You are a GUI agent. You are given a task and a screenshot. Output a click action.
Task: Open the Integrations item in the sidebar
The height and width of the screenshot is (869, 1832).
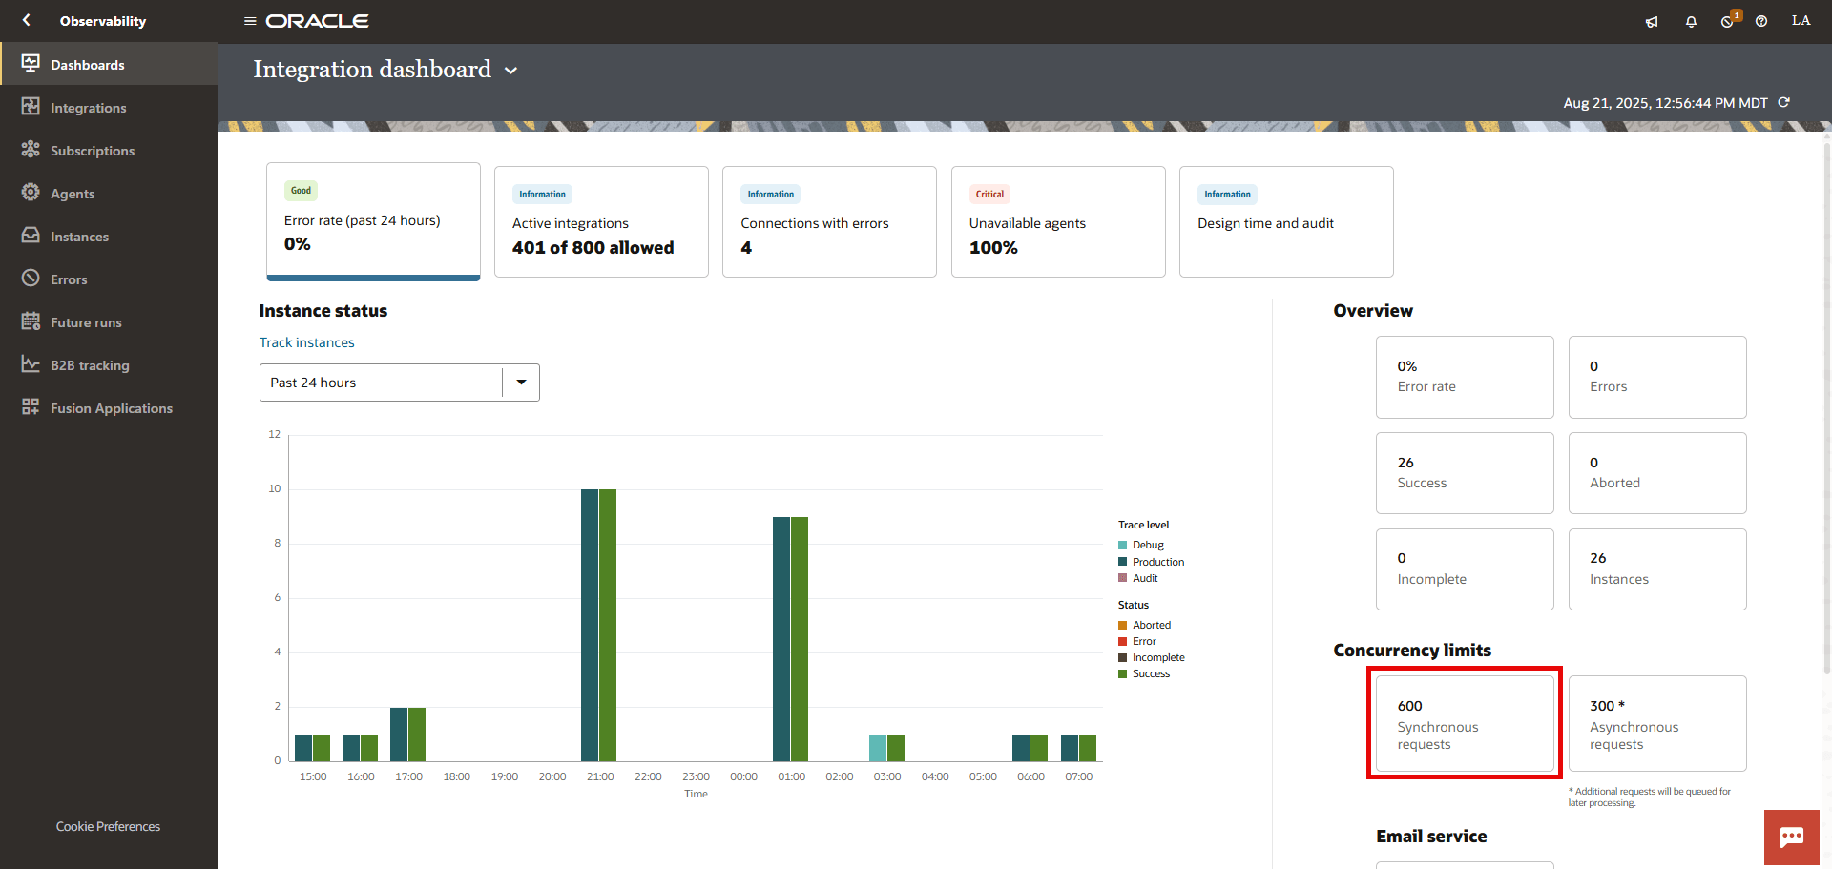point(88,108)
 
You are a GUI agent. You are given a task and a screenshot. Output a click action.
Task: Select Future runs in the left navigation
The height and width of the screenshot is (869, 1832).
point(86,322)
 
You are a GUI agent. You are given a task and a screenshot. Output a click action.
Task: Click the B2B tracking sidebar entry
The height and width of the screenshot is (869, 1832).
point(90,365)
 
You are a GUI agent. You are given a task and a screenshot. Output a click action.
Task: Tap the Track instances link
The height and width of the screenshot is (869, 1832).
point(306,342)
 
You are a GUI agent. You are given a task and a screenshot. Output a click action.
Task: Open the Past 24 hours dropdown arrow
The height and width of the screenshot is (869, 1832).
point(521,383)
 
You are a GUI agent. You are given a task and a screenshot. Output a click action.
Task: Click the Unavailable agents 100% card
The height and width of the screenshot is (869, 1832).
point(1057,222)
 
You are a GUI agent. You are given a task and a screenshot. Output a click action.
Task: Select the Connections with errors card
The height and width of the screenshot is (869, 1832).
point(828,222)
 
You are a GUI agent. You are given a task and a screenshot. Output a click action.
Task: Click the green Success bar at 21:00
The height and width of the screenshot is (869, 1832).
point(608,625)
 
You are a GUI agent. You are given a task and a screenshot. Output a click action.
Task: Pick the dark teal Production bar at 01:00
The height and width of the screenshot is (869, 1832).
point(781,639)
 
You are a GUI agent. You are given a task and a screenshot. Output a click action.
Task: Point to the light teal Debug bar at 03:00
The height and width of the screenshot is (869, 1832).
point(878,748)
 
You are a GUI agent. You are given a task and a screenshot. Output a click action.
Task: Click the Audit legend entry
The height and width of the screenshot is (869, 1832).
point(1145,578)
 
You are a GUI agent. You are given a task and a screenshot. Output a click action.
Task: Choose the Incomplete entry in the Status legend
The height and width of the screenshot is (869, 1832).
point(1157,657)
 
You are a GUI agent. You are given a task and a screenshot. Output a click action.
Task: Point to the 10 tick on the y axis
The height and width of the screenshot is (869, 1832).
point(275,489)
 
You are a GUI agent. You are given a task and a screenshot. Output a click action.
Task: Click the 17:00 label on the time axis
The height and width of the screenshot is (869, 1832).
point(408,776)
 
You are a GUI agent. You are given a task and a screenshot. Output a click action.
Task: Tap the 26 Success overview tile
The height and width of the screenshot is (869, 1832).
point(1464,473)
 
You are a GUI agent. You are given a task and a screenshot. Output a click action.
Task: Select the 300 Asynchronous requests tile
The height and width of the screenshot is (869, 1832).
point(1656,724)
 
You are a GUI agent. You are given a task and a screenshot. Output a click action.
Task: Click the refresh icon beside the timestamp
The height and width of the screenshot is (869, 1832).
point(1783,102)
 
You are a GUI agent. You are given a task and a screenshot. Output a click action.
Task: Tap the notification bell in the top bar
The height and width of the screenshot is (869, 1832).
point(1691,21)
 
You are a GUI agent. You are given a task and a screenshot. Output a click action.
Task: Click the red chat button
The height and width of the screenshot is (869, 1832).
point(1791,838)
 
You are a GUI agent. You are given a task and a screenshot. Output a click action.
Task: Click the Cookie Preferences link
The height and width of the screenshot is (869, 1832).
point(108,826)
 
